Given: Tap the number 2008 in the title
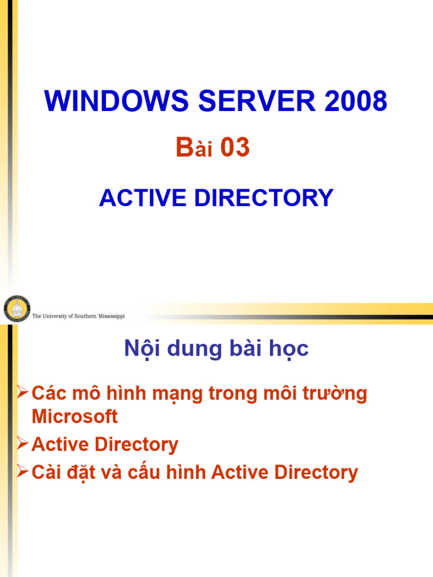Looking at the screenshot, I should click(354, 101).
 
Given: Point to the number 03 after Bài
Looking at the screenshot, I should click(235, 148).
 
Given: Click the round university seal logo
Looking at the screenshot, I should click(17, 309).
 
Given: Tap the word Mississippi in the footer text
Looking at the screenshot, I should click(109, 317).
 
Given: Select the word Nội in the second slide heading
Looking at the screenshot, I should click(141, 349).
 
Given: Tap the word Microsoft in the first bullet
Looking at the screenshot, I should click(74, 417).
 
